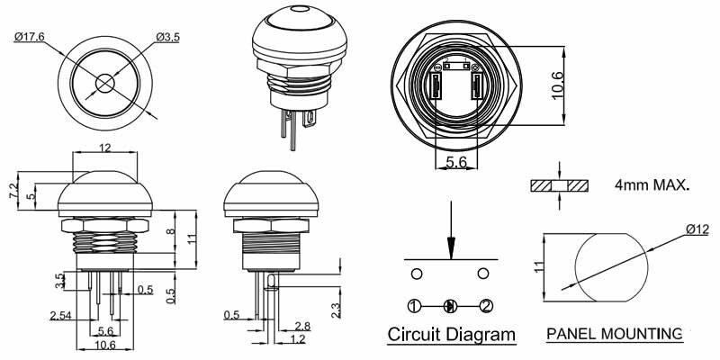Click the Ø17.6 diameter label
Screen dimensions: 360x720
[29, 37]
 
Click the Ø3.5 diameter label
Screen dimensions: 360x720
[168, 37]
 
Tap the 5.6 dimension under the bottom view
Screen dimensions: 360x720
[455, 162]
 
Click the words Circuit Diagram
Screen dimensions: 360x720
[452, 336]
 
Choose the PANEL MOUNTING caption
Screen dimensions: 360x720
[614, 335]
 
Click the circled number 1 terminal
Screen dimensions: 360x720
[414, 306]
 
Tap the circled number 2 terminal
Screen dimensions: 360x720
[485, 306]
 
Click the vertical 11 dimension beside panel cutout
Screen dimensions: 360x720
[538, 266]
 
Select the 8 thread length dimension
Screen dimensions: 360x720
[172, 232]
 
